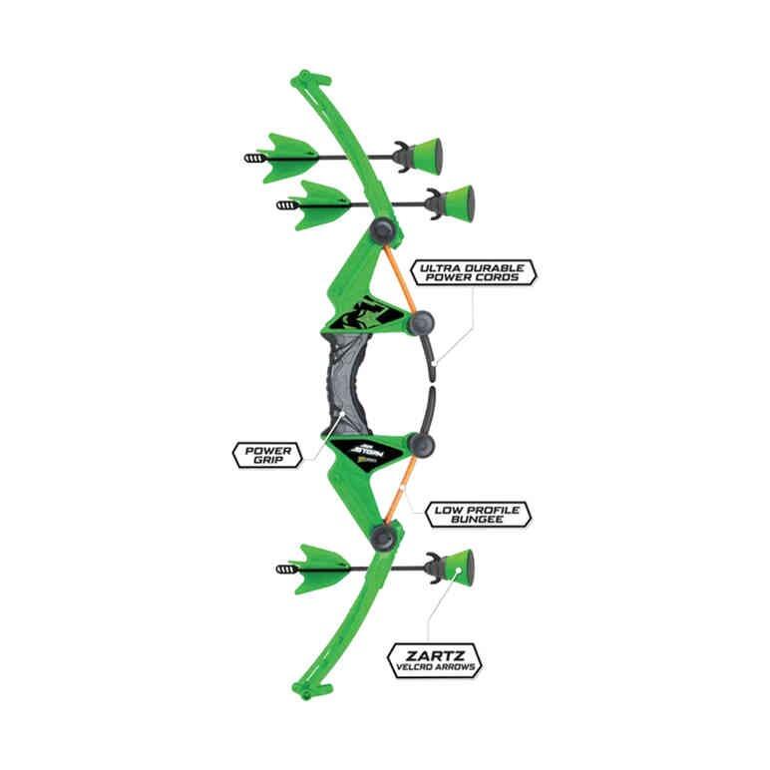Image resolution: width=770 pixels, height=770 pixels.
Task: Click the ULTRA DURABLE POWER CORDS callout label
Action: [477, 273]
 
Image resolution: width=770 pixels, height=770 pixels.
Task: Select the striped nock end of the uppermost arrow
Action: [256, 158]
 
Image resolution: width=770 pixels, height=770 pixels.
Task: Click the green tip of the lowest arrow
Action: [457, 569]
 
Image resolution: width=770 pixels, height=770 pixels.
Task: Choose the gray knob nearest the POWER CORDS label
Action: [421, 322]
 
